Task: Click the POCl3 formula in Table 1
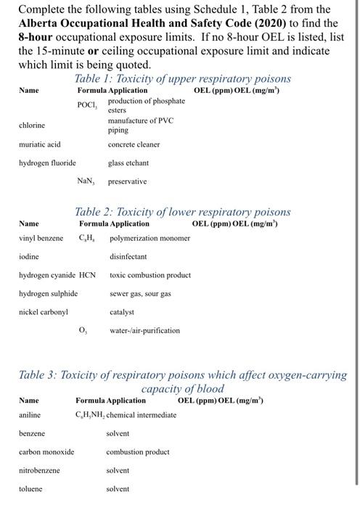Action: pos(86,106)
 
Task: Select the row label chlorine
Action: pos(31,125)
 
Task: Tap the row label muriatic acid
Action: pos(39,144)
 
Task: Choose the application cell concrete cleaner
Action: pos(134,144)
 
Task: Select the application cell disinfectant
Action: pos(128,256)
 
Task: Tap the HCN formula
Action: pos(87,275)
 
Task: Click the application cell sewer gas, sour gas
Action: pos(140,294)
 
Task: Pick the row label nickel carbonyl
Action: pos(43,312)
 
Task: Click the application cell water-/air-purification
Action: pos(145,331)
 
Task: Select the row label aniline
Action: pos(30,414)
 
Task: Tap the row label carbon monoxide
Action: pos(46,451)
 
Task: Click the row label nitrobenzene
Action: pos(39,470)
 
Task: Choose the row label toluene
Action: pos(30,489)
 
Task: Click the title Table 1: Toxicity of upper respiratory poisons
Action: pos(182,78)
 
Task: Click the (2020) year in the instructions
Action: pos(265,24)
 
